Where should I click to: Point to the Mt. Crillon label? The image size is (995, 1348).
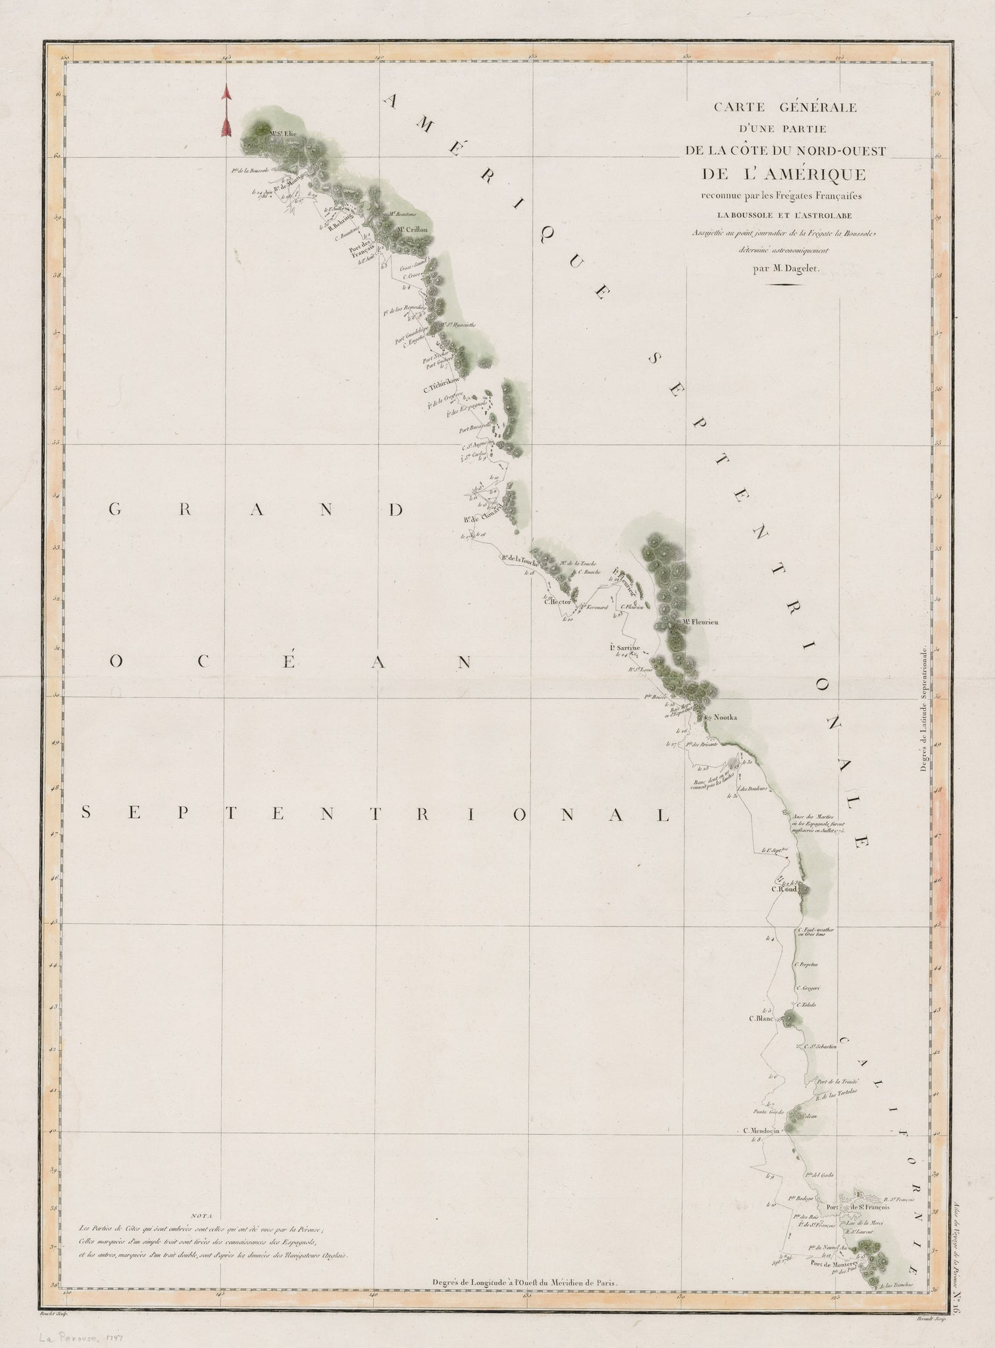click(412, 230)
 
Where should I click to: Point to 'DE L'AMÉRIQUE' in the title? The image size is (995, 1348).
click(780, 174)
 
